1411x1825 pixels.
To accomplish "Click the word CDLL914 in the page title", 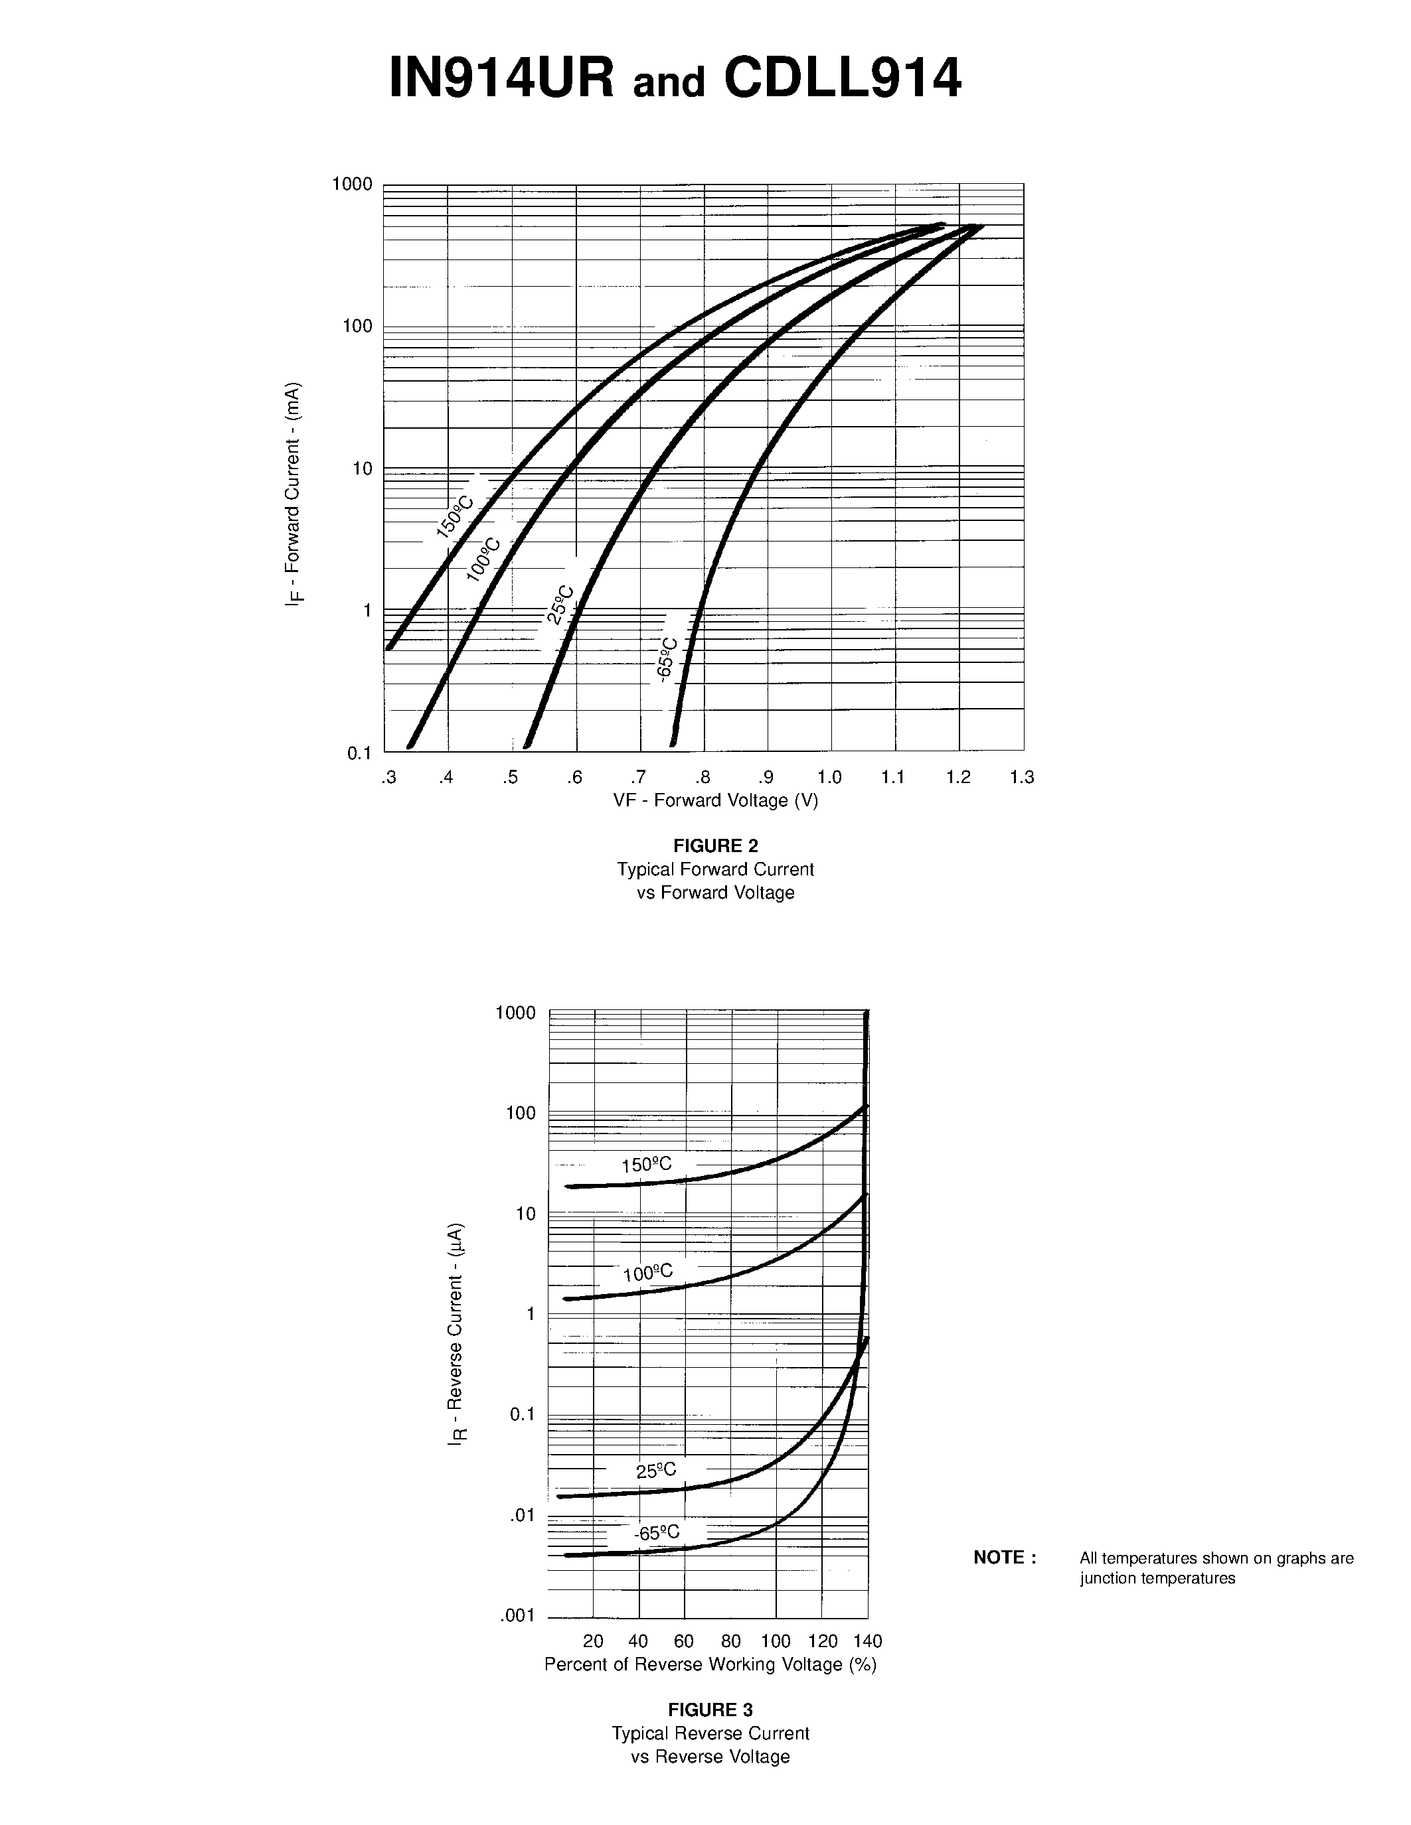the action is [x=843, y=80].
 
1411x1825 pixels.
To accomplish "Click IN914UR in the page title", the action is [x=503, y=80].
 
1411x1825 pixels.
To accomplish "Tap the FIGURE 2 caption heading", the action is [x=716, y=845].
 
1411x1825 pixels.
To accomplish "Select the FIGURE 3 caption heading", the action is [x=710, y=1710].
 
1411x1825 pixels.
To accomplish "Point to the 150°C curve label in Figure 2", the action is [x=455, y=516].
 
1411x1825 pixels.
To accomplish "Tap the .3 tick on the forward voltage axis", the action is [x=388, y=778].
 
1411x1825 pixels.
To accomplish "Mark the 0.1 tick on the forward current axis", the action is [x=359, y=754].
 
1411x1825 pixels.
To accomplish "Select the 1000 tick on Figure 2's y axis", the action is [x=352, y=184].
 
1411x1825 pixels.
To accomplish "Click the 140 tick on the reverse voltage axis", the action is [x=868, y=1641].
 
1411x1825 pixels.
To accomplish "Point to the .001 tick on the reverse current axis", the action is [x=517, y=1615].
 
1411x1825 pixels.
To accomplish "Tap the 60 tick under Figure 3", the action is [x=684, y=1641].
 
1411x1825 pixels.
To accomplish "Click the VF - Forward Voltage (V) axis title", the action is [x=716, y=800].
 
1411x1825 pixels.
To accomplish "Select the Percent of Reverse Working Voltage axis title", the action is [x=710, y=1664].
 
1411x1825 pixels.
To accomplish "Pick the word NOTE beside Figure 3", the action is [x=1005, y=1558].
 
